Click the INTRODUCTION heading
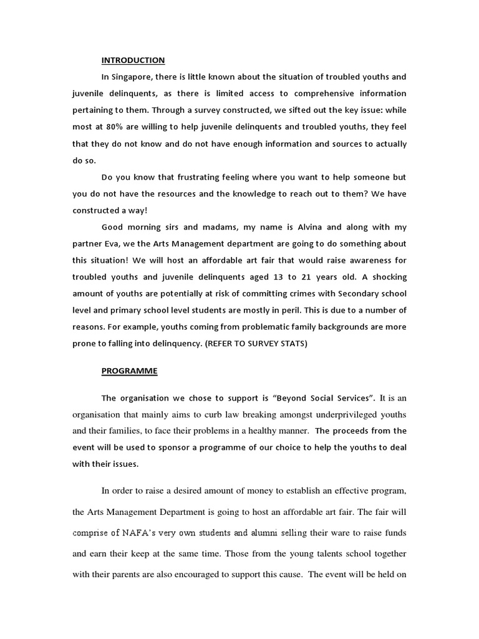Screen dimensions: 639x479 pyautogui.click(x=133, y=61)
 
